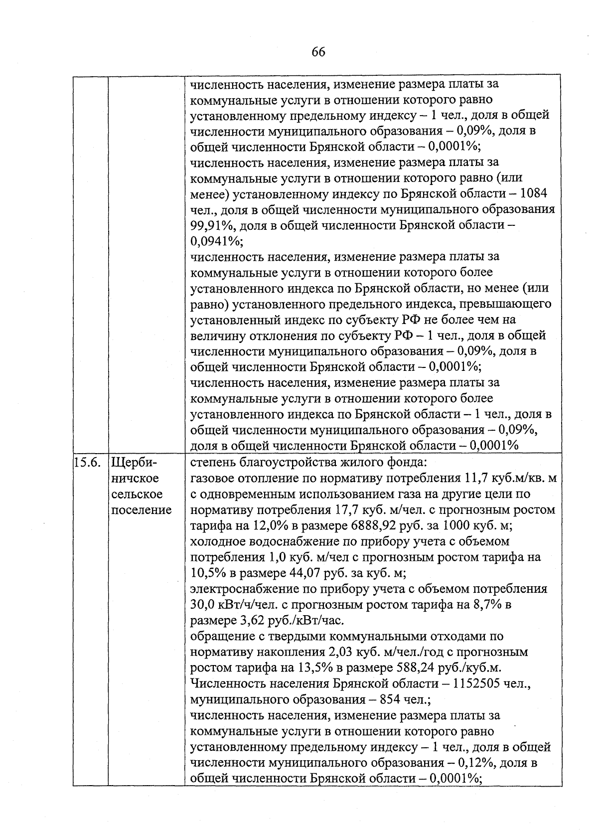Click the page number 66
pos(318,52)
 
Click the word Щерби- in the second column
pos(130,462)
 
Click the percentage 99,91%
pos(212,225)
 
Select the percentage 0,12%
pos(475,763)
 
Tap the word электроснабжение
pos(245,589)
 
